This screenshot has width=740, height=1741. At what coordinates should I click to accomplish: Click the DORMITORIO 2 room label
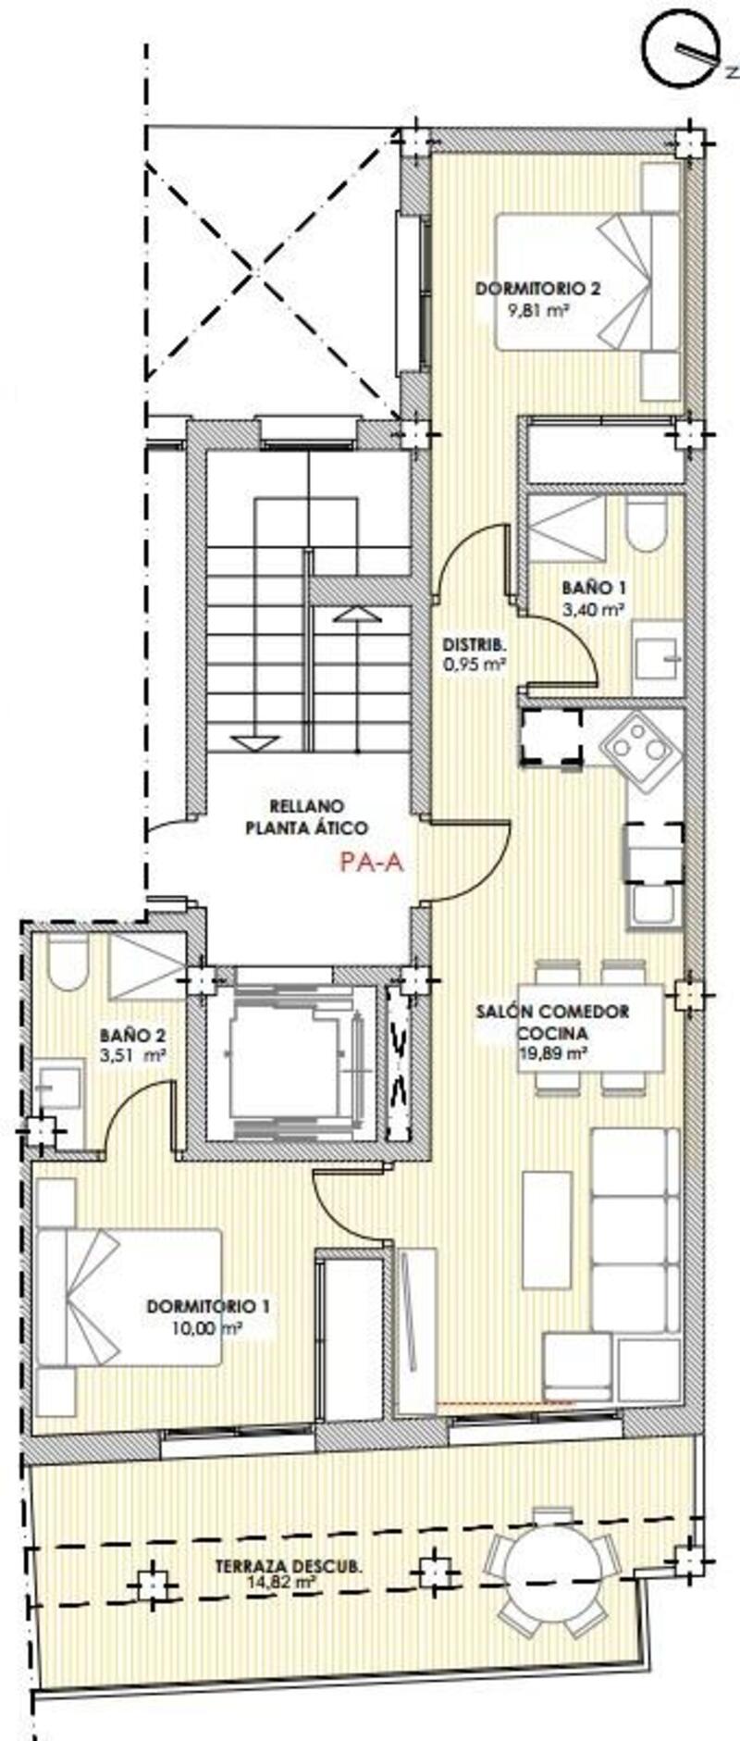[x=537, y=289]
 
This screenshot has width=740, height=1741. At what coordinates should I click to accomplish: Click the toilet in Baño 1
[x=646, y=524]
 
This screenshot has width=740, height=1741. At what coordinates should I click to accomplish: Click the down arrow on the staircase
[x=253, y=741]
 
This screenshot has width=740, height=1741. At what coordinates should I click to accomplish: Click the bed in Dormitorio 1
[x=129, y=1296]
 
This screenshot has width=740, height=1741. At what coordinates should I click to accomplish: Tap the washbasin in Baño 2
[x=59, y=1085]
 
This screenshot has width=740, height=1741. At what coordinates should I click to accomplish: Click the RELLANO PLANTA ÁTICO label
[x=306, y=816]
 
